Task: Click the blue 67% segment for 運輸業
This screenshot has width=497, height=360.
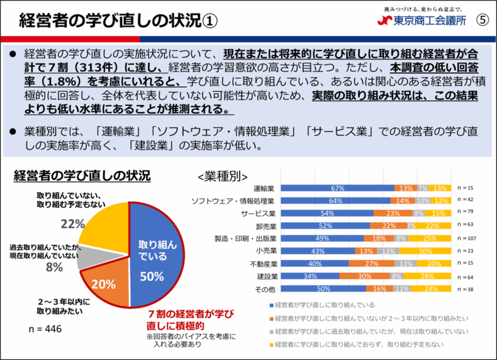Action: tap(338, 188)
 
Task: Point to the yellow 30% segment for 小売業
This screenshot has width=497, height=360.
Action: tap(426, 251)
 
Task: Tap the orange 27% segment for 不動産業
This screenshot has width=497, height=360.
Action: tap(372, 264)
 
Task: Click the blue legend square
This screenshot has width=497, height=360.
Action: tap(270, 305)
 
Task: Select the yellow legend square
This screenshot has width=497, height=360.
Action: tap(270, 344)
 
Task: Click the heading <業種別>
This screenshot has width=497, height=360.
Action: tap(223, 176)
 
